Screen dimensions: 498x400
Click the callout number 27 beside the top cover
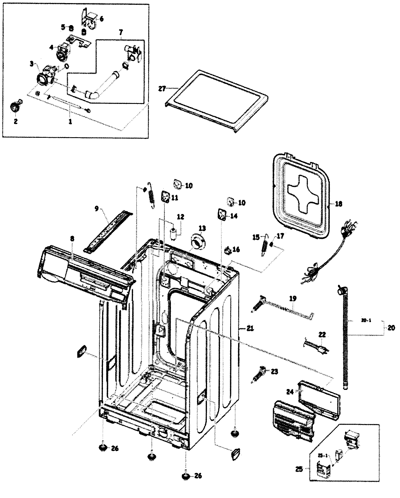[162, 88]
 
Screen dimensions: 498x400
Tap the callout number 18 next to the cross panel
[338, 204]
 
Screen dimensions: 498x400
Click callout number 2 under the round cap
[16, 121]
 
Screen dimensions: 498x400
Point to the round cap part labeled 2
[14, 107]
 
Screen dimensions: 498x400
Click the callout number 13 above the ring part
[202, 228]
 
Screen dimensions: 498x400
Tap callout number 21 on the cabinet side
[250, 328]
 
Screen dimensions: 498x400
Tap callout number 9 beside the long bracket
[96, 209]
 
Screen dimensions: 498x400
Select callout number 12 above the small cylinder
[181, 217]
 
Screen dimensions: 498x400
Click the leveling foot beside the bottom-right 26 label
[185, 477]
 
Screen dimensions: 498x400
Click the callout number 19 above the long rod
[293, 298]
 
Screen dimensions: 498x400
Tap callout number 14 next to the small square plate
[234, 216]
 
